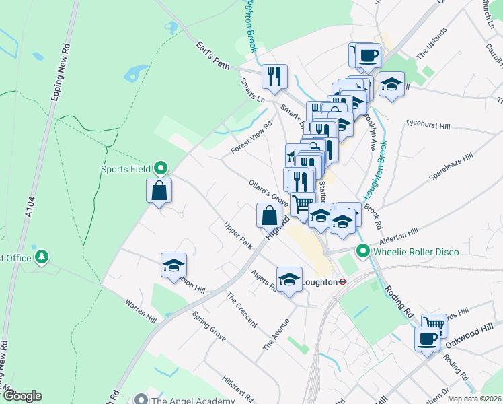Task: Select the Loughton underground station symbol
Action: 342,282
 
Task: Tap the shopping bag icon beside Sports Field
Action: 159,191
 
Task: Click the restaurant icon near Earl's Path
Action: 274,77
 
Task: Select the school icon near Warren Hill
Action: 173,266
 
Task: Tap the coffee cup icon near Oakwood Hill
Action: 426,339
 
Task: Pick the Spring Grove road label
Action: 208,326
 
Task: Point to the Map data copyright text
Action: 474,399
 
